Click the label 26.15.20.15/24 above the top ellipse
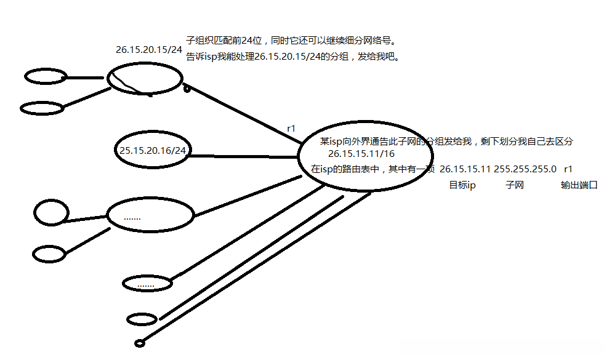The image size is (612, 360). (149, 49)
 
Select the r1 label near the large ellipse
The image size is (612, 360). (291, 129)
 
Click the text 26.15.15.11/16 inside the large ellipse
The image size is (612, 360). (361, 153)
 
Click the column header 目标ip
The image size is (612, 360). (462, 185)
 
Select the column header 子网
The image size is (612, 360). (514, 185)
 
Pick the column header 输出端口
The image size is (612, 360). (579, 185)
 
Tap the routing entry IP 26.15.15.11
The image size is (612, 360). (465, 168)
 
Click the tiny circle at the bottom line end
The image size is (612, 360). (139, 343)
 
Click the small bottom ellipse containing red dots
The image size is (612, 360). (147, 284)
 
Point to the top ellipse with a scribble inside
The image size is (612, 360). (145, 80)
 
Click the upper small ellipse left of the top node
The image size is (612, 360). (45, 77)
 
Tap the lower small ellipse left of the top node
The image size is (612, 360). (42, 108)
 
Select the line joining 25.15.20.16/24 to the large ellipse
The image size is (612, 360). (243, 156)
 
